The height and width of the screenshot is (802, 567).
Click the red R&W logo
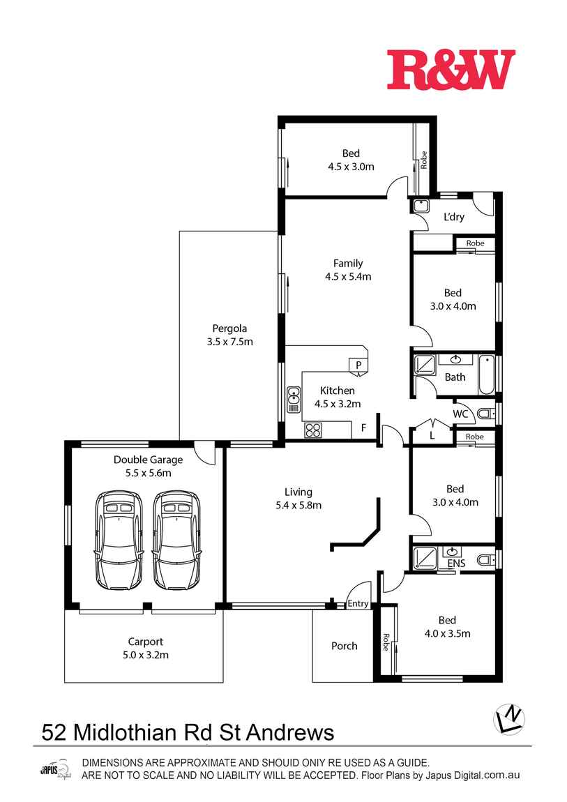coord(451,70)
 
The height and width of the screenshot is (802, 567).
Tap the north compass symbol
coord(508,719)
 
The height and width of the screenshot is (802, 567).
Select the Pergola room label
coord(229,328)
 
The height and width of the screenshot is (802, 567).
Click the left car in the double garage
coord(118,540)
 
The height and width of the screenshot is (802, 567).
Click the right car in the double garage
coord(176,540)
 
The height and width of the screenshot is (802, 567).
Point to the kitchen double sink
coord(294,399)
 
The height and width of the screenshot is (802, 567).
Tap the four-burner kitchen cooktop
coord(313,430)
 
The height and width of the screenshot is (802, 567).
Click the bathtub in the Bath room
coord(487,375)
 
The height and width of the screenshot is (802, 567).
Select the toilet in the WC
coord(486,414)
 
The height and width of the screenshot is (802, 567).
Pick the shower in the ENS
coord(425,559)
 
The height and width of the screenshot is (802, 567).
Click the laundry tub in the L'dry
coord(421,206)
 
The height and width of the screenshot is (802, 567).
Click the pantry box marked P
coord(358,365)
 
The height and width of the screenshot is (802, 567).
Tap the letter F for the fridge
coord(363,428)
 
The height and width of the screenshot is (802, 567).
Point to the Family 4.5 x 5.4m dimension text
coord(348,277)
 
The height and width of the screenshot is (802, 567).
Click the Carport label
coord(146,642)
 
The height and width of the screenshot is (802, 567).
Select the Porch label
coord(344,646)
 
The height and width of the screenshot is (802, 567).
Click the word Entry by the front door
coord(358,603)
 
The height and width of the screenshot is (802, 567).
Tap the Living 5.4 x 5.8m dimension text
coord(298,506)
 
